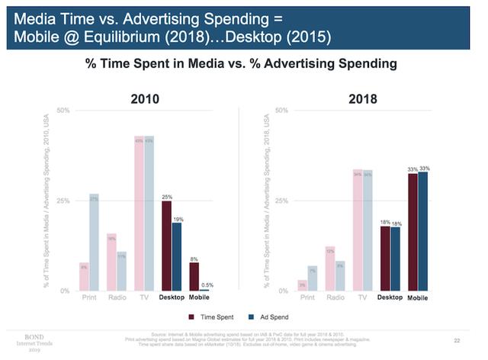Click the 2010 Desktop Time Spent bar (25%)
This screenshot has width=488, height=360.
pyautogui.click(x=166, y=246)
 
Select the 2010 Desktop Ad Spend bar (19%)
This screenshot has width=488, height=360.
pyautogui.click(x=177, y=256)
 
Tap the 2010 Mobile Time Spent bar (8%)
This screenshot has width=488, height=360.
pyautogui.click(x=194, y=276)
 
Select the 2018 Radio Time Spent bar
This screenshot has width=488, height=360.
pyautogui.click(x=329, y=268)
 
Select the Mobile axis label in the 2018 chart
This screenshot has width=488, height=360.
pyautogui.click(x=417, y=297)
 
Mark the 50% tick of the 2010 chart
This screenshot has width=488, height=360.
pyautogui.click(x=63, y=111)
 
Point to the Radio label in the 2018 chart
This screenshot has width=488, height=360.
pyautogui.click(x=335, y=297)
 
